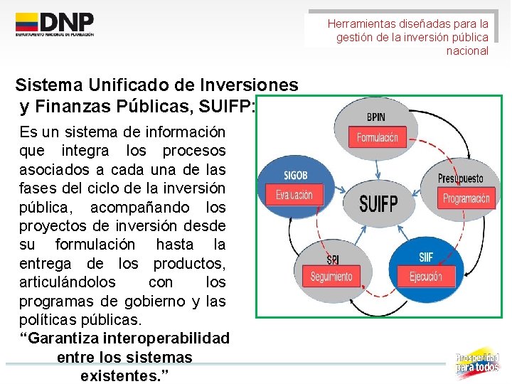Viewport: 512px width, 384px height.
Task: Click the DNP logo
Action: [x=55, y=24]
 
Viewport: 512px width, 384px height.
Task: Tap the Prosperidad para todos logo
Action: [x=477, y=362]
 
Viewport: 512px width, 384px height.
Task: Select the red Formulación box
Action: [x=378, y=137]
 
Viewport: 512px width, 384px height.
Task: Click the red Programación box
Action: [x=466, y=198]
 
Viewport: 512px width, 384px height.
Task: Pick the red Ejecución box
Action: [x=426, y=276]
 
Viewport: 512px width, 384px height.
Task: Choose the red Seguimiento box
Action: [x=331, y=276]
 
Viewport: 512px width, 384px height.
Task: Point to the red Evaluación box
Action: [x=294, y=194]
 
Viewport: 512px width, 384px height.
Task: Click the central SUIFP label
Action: [x=378, y=204]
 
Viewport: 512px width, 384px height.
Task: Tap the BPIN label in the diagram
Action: [x=377, y=116]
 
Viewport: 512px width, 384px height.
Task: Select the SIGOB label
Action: [x=296, y=176]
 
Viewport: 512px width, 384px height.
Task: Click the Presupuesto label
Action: [x=460, y=178]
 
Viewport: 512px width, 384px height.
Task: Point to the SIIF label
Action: [x=426, y=257]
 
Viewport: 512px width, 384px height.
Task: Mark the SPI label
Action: [x=332, y=259]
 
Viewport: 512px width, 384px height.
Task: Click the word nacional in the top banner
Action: [x=467, y=50]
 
